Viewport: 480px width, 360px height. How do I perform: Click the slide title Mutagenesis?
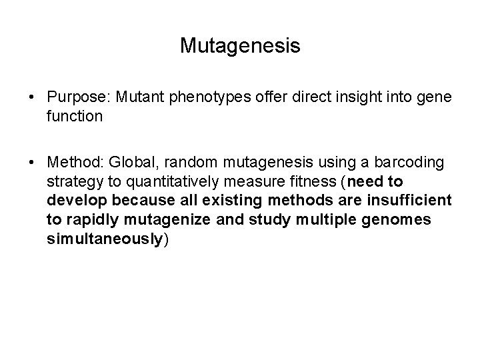pyautogui.click(x=240, y=46)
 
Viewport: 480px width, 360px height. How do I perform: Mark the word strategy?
pyautogui.click(x=71, y=183)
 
